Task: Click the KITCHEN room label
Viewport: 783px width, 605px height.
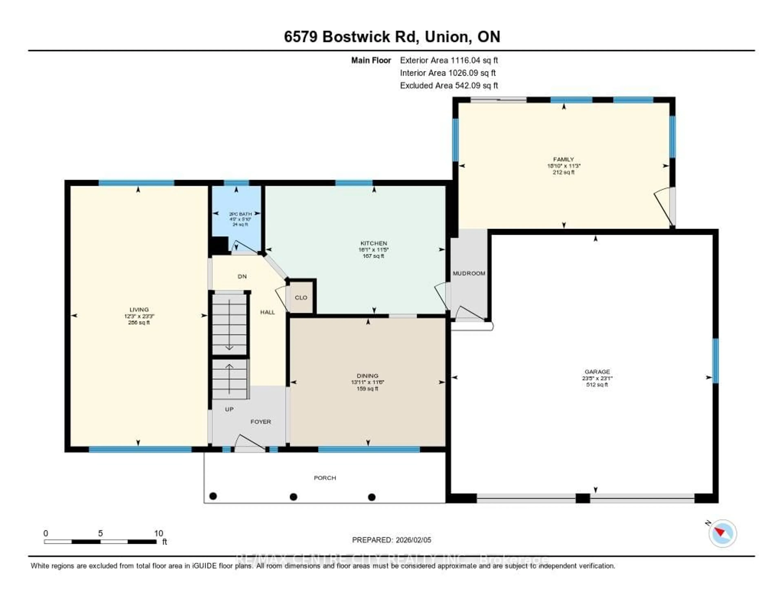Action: coord(374,243)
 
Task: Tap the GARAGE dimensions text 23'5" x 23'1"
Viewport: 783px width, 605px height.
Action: coord(597,378)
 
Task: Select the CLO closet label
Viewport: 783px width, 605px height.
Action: coord(301,298)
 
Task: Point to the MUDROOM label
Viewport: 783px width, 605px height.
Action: coord(469,273)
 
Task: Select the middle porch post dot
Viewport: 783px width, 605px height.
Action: coord(293,497)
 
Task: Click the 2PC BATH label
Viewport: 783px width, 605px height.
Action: coord(240,214)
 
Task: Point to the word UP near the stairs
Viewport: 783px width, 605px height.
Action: coord(229,409)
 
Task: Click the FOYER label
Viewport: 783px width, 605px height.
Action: coord(261,422)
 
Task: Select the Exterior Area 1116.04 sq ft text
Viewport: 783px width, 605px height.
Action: coord(449,60)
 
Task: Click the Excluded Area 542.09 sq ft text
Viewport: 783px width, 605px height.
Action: coord(449,85)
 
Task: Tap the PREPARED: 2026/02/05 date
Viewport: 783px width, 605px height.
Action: coord(391,540)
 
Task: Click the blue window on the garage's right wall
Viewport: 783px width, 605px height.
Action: coord(715,361)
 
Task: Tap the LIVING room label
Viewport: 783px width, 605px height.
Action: coord(139,309)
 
